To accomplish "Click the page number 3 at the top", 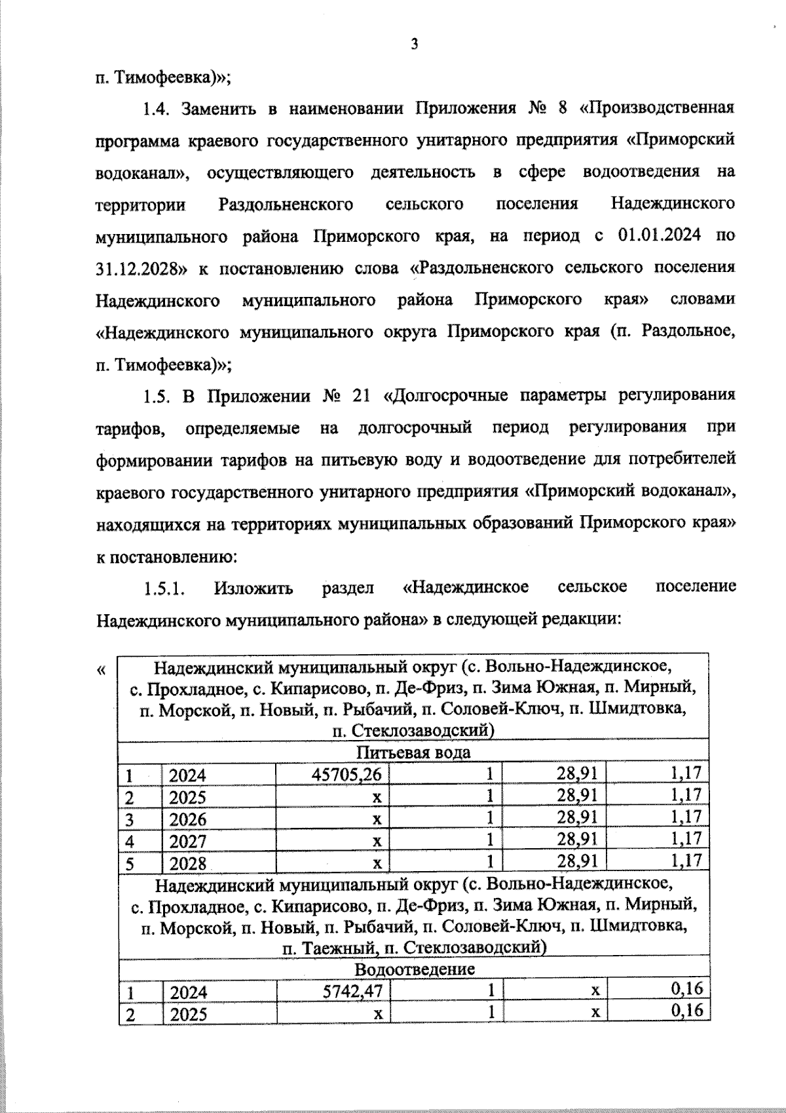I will coord(413,45).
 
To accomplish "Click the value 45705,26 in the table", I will coord(346,774).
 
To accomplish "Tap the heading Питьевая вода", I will coord(413,752).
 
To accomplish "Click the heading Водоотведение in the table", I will coord(415,968).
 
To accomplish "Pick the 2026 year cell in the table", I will coord(188,819).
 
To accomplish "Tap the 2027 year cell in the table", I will coord(188,840).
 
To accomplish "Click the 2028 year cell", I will coord(188,863).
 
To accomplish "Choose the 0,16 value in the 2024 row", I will coord(686,989).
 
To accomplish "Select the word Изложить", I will coord(253,587).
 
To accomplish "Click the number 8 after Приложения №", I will coord(561,107).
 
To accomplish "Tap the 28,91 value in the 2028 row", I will coord(577,861).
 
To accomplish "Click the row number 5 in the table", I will coord(130,863).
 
